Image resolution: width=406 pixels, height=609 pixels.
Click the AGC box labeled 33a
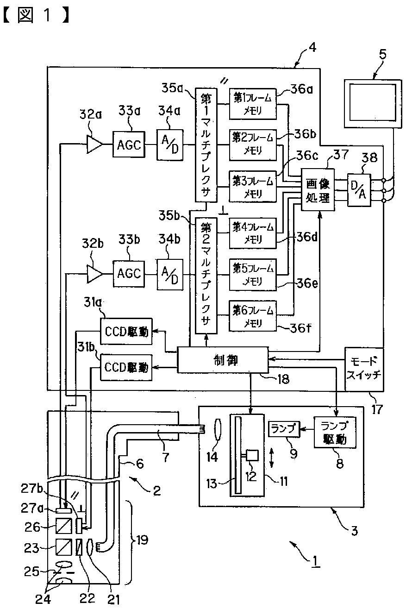(x=129, y=144)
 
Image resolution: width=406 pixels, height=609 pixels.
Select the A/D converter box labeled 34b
(x=170, y=274)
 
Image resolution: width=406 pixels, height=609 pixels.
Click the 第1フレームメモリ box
(x=253, y=104)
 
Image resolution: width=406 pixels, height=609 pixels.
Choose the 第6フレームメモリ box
(x=253, y=316)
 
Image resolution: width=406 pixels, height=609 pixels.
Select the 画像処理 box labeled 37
(x=318, y=190)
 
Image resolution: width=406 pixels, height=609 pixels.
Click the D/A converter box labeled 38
(x=359, y=190)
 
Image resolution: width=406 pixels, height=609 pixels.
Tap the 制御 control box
(x=223, y=359)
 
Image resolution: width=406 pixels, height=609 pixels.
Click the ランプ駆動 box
(x=335, y=433)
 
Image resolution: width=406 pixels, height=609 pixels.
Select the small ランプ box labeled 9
(x=284, y=429)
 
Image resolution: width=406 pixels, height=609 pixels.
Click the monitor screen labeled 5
(x=373, y=104)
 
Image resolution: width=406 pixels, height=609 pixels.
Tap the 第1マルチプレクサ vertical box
(x=206, y=145)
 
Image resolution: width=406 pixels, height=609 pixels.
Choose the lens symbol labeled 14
(x=218, y=429)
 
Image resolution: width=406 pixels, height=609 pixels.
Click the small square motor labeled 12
(x=252, y=455)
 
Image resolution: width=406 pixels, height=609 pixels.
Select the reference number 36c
(x=307, y=156)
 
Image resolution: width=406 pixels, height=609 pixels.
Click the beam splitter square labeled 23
(x=64, y=547)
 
